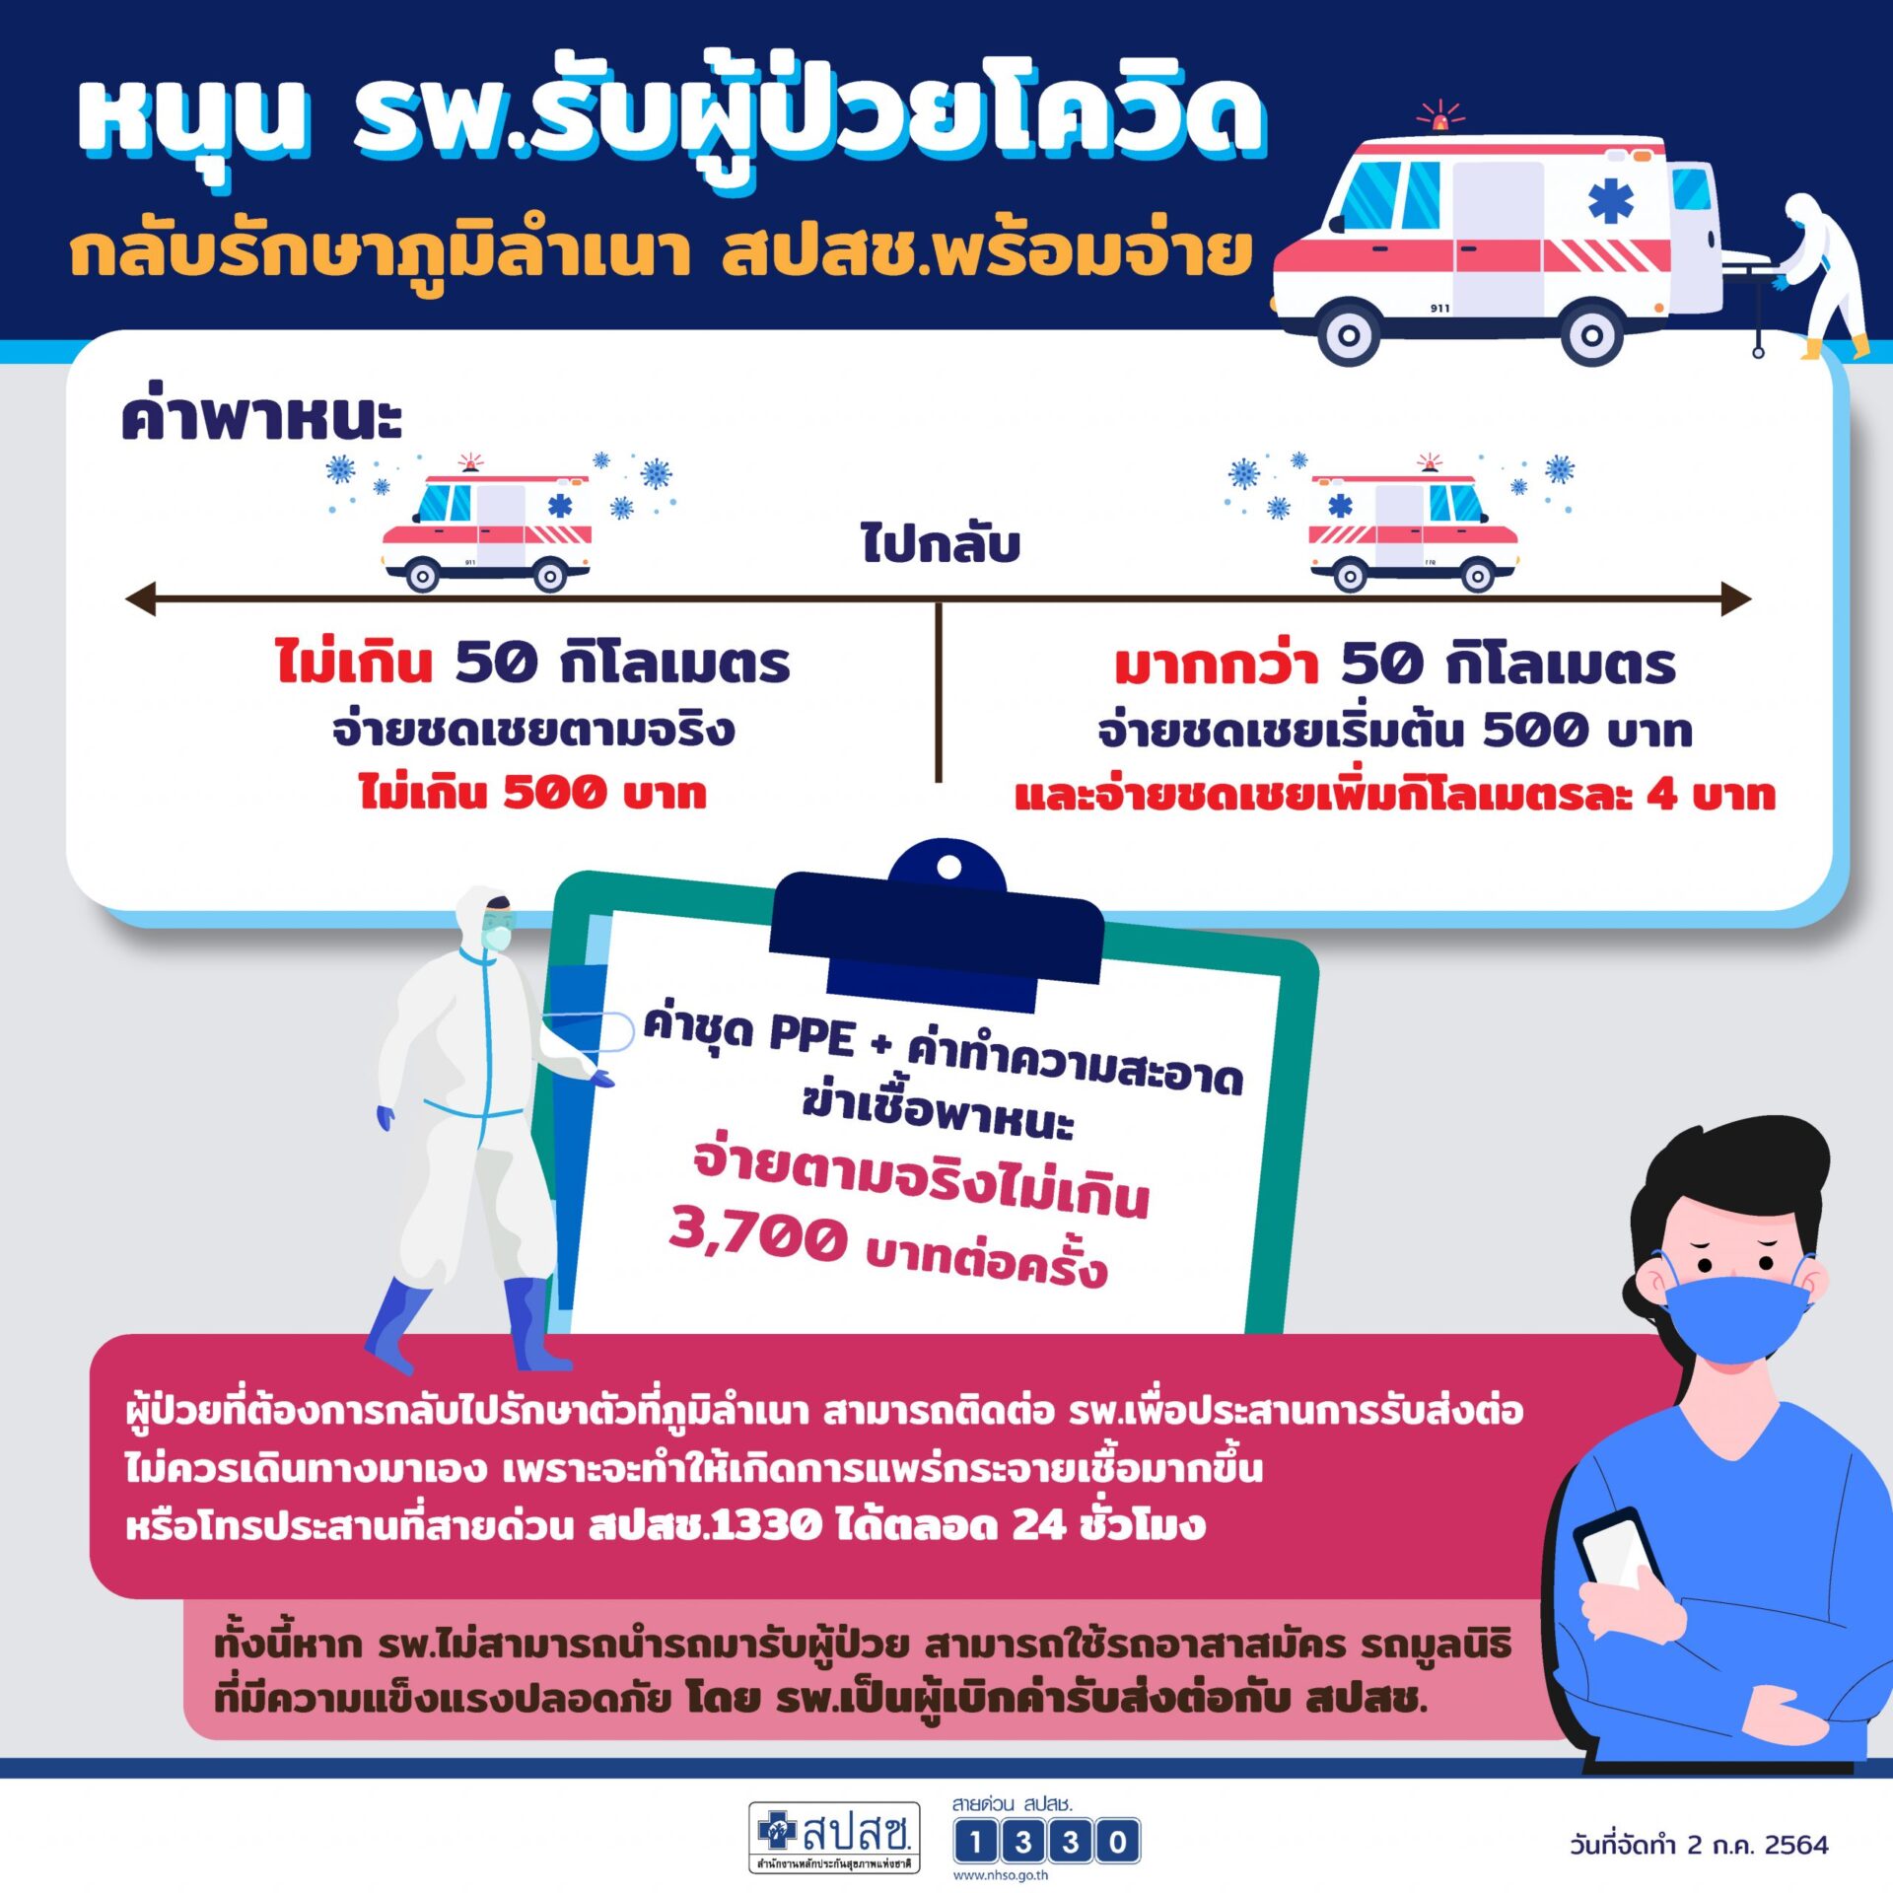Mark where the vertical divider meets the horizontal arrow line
[938, 599]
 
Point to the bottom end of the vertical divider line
[938, 782]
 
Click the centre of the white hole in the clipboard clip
[948, 868]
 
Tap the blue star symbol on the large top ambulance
[1608, 203]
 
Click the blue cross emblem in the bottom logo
[777, 1831]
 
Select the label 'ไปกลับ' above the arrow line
[940, 543]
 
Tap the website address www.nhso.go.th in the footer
[1001, 1875]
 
